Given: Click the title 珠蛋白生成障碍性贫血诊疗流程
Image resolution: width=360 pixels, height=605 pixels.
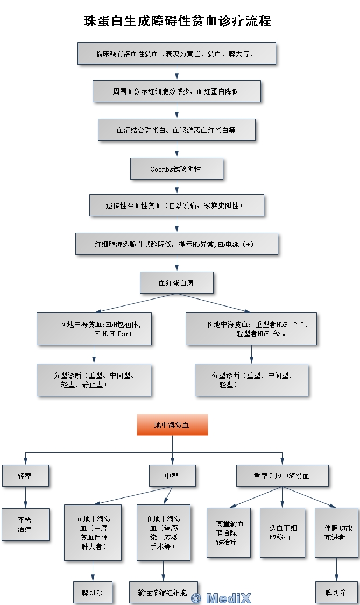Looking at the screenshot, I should tap(178, 21).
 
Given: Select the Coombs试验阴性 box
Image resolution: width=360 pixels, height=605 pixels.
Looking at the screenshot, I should tap(177, 168).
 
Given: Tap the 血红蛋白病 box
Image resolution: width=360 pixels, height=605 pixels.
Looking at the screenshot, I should tap(177, 282).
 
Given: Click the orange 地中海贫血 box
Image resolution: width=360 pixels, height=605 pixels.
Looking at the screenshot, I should tap(172, 424).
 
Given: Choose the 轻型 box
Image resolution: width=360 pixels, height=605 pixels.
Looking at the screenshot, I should tap(25, 476).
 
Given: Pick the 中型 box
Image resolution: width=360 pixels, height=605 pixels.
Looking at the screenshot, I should tap(172, 476).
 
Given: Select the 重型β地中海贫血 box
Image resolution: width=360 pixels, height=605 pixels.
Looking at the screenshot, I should tap(282, 476).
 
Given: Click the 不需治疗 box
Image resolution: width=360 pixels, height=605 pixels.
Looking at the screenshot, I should tap(25, 524).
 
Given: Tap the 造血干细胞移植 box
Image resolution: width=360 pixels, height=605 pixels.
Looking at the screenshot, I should tap(282, 532).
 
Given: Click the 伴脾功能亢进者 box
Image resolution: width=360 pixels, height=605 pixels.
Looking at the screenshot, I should tap(336, 532).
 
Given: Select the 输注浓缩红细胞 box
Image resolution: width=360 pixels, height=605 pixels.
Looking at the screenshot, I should tap(163, 592).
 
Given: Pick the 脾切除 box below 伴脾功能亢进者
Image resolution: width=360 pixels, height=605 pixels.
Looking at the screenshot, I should tap(336, 592).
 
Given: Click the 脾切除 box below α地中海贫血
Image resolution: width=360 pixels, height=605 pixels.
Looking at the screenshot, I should tap(93, 592).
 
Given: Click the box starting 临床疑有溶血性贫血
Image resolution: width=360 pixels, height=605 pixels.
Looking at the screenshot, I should tap(177, 54).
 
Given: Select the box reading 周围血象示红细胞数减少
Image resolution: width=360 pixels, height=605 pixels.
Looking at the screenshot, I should tap(177, 91).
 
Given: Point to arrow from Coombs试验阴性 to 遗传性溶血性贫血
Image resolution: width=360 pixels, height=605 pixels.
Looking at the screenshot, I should tap(177, 187).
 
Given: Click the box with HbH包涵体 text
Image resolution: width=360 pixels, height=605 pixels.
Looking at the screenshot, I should tap(94, 329).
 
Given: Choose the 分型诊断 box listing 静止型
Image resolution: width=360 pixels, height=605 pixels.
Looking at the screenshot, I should tap(94, 380).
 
